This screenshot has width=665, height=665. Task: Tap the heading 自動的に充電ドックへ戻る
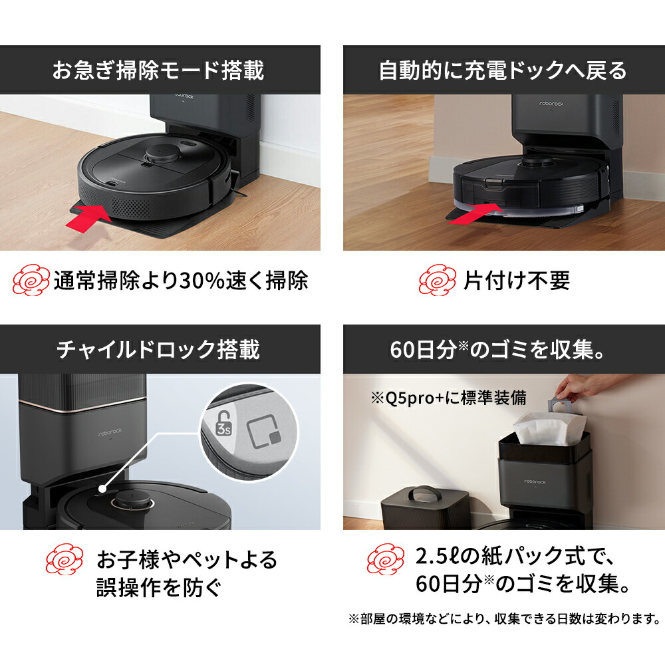pyautogui.click(x=503, y=70)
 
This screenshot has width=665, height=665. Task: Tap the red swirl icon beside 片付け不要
pyautogui.click(x=438, y=280)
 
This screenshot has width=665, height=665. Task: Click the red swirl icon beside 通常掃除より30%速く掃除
pyautogui.click(x=31, y=280)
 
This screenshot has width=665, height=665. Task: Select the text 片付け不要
pyautogui.click(x=517, y=281)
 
